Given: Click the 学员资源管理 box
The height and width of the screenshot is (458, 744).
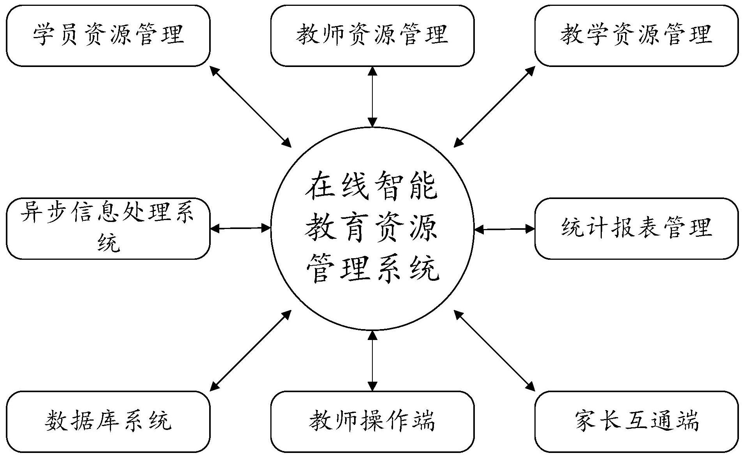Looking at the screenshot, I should (x=108, y=35).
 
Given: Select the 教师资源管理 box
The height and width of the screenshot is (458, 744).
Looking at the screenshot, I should (x=372, y=35).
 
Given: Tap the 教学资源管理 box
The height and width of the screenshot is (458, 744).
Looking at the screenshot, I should (x=636, y=35).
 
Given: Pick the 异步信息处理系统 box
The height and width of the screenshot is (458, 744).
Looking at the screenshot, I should (x=108, y=229).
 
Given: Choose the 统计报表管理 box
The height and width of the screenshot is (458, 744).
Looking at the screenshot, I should (x=636, y=229).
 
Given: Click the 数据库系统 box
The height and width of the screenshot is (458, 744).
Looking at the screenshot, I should (x=108, y=421).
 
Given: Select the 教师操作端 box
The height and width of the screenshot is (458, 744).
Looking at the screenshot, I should (x=372, y=421).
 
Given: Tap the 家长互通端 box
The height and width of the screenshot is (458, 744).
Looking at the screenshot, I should (x=636, y=421).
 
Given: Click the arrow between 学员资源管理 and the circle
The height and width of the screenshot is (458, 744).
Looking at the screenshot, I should (x=250, y=106).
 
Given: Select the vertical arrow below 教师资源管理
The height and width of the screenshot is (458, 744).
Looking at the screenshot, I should (x=372, y=97).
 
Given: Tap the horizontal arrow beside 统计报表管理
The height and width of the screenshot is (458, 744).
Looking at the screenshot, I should (x=504, y=229).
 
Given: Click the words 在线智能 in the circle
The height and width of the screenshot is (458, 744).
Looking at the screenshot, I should (x=372, y=187).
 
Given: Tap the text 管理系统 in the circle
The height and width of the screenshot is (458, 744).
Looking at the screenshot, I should (x=372, y=269).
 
